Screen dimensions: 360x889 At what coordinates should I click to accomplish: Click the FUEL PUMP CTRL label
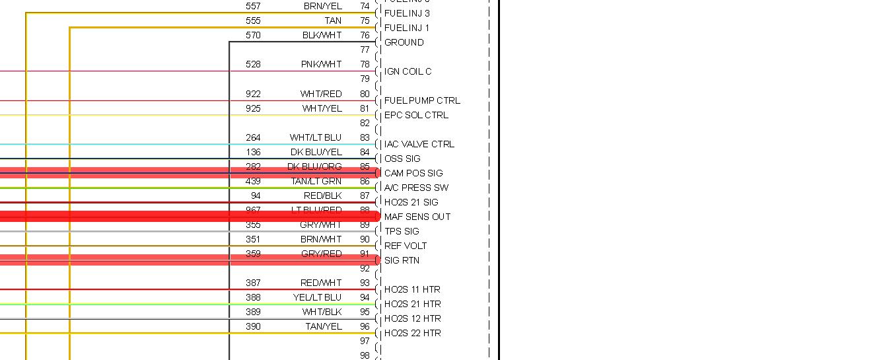[x=422, y=100]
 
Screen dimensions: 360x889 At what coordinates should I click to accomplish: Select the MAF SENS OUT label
[x=417, y=217]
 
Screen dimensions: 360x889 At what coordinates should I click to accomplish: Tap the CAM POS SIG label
[x=413, y=173]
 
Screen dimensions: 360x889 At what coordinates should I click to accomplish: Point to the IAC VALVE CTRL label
[x=419, y=144]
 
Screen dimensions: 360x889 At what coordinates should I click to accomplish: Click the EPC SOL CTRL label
[x=416, y=115]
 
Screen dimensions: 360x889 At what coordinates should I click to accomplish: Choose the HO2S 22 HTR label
[x=412, y=333]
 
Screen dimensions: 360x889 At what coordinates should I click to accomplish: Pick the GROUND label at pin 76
[x=404, y=42]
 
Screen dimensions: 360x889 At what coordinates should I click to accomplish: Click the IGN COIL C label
[x=408, y=71]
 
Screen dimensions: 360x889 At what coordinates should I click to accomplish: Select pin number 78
[x=365, y=64]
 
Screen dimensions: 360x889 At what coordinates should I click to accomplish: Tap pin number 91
[x=365, y=254]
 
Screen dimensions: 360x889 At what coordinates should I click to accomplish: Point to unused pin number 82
[x=365, y=123]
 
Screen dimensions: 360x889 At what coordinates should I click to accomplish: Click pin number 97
[x=365, y=341]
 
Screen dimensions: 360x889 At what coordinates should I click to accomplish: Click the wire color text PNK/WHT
[x=321, y=64]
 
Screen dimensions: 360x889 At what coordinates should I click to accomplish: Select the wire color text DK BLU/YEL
[x=316, y=152]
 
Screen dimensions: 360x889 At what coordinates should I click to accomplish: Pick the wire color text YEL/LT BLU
[x=317, y=297]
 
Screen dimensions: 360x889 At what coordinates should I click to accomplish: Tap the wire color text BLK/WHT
[x=322, y=35]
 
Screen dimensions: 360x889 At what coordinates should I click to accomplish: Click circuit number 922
[x=253, y=94]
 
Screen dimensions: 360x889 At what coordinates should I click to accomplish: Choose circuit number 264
[x=253, y=137]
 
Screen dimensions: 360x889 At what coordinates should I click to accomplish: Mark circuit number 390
[x=253, y=326]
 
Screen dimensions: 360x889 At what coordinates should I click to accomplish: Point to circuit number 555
[x=253, y=20]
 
